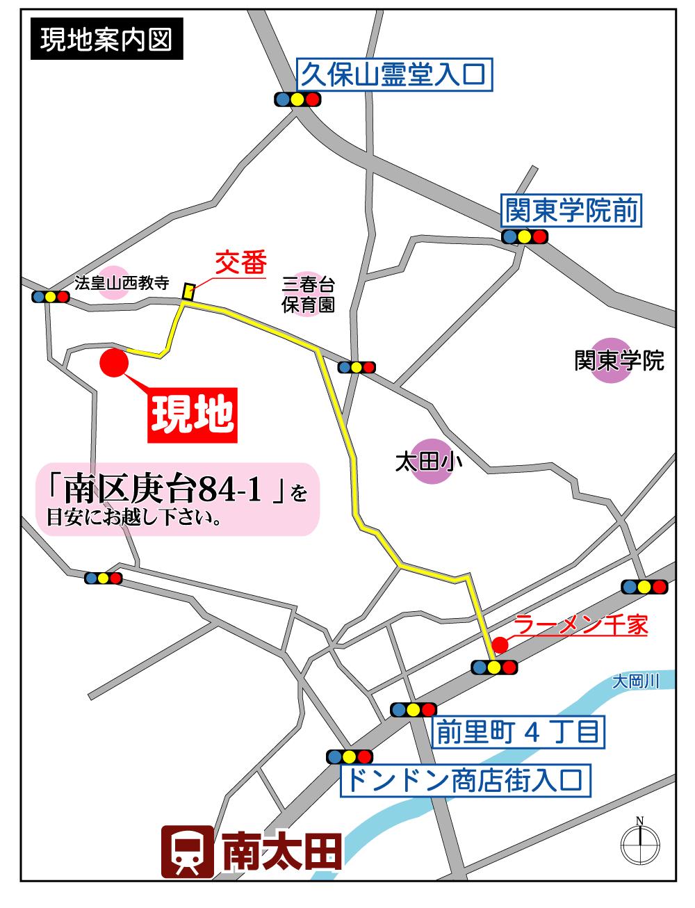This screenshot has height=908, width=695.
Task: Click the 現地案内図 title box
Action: tap(106, 40)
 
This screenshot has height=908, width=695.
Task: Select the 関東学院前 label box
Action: tap(572, 211)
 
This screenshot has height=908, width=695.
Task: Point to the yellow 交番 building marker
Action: tap(187, 291)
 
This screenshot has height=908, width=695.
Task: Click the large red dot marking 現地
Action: tap(114, 364)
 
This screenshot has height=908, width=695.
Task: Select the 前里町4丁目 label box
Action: tap(517, 731)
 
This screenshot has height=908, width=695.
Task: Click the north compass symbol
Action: tap(639, 843)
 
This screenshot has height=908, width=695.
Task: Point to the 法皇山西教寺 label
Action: tap(122, 283)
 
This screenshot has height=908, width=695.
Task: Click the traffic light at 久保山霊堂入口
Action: tap(297, 99)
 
